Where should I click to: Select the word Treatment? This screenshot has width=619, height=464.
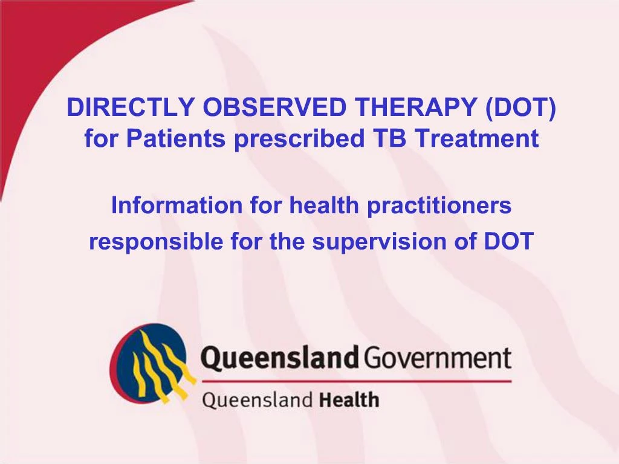pyautogui.click(x=476, y=139)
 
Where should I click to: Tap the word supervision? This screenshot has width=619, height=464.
pyautogui.click(x=378, y=242)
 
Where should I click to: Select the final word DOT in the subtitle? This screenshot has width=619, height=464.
pyautogui.click(x=509, y=242)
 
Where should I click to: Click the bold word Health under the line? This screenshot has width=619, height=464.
pyautogui.click(x=349, y=399)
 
